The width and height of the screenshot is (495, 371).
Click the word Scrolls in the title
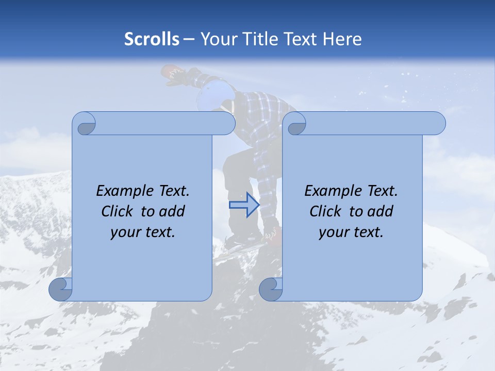[x=152, y=39]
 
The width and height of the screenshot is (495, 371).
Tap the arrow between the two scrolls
[x=244, y=205]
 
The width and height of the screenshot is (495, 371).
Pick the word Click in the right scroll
[x=325, y=211]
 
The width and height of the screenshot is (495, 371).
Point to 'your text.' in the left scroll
[x=143, y=232]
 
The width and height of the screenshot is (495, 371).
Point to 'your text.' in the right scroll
[x=351, y=232]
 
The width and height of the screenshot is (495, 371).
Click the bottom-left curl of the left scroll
[x=60, y=289]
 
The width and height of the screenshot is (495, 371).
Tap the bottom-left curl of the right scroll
[x=270, y=289]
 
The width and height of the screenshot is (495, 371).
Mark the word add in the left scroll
[x=171, y=211]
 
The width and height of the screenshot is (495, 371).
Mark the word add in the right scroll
[x=379, y=211]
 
